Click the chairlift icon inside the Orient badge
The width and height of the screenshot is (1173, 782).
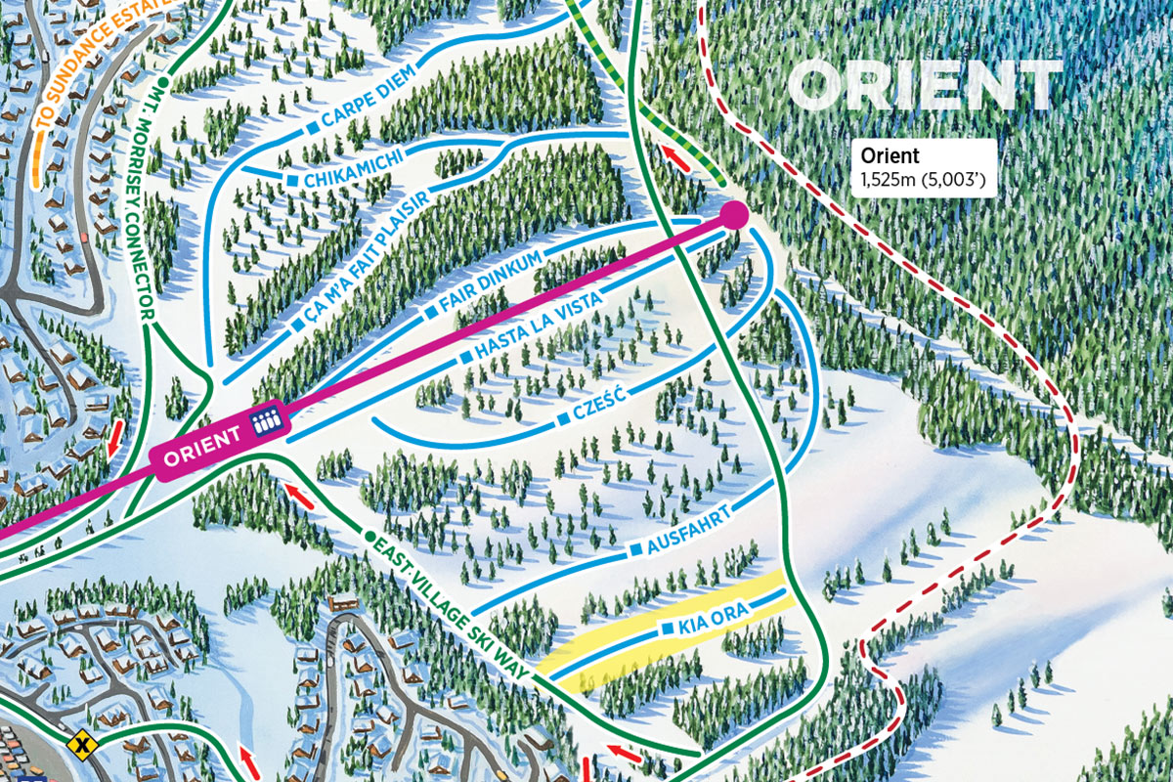(x=265, y=421)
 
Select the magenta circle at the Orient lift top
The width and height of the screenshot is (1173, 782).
(x=734, y=214)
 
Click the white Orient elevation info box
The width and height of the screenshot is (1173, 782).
(x=923, y=167)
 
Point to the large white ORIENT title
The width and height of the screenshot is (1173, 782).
(x=925, y=85)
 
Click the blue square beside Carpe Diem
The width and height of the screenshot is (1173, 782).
(x=314, y=128)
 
